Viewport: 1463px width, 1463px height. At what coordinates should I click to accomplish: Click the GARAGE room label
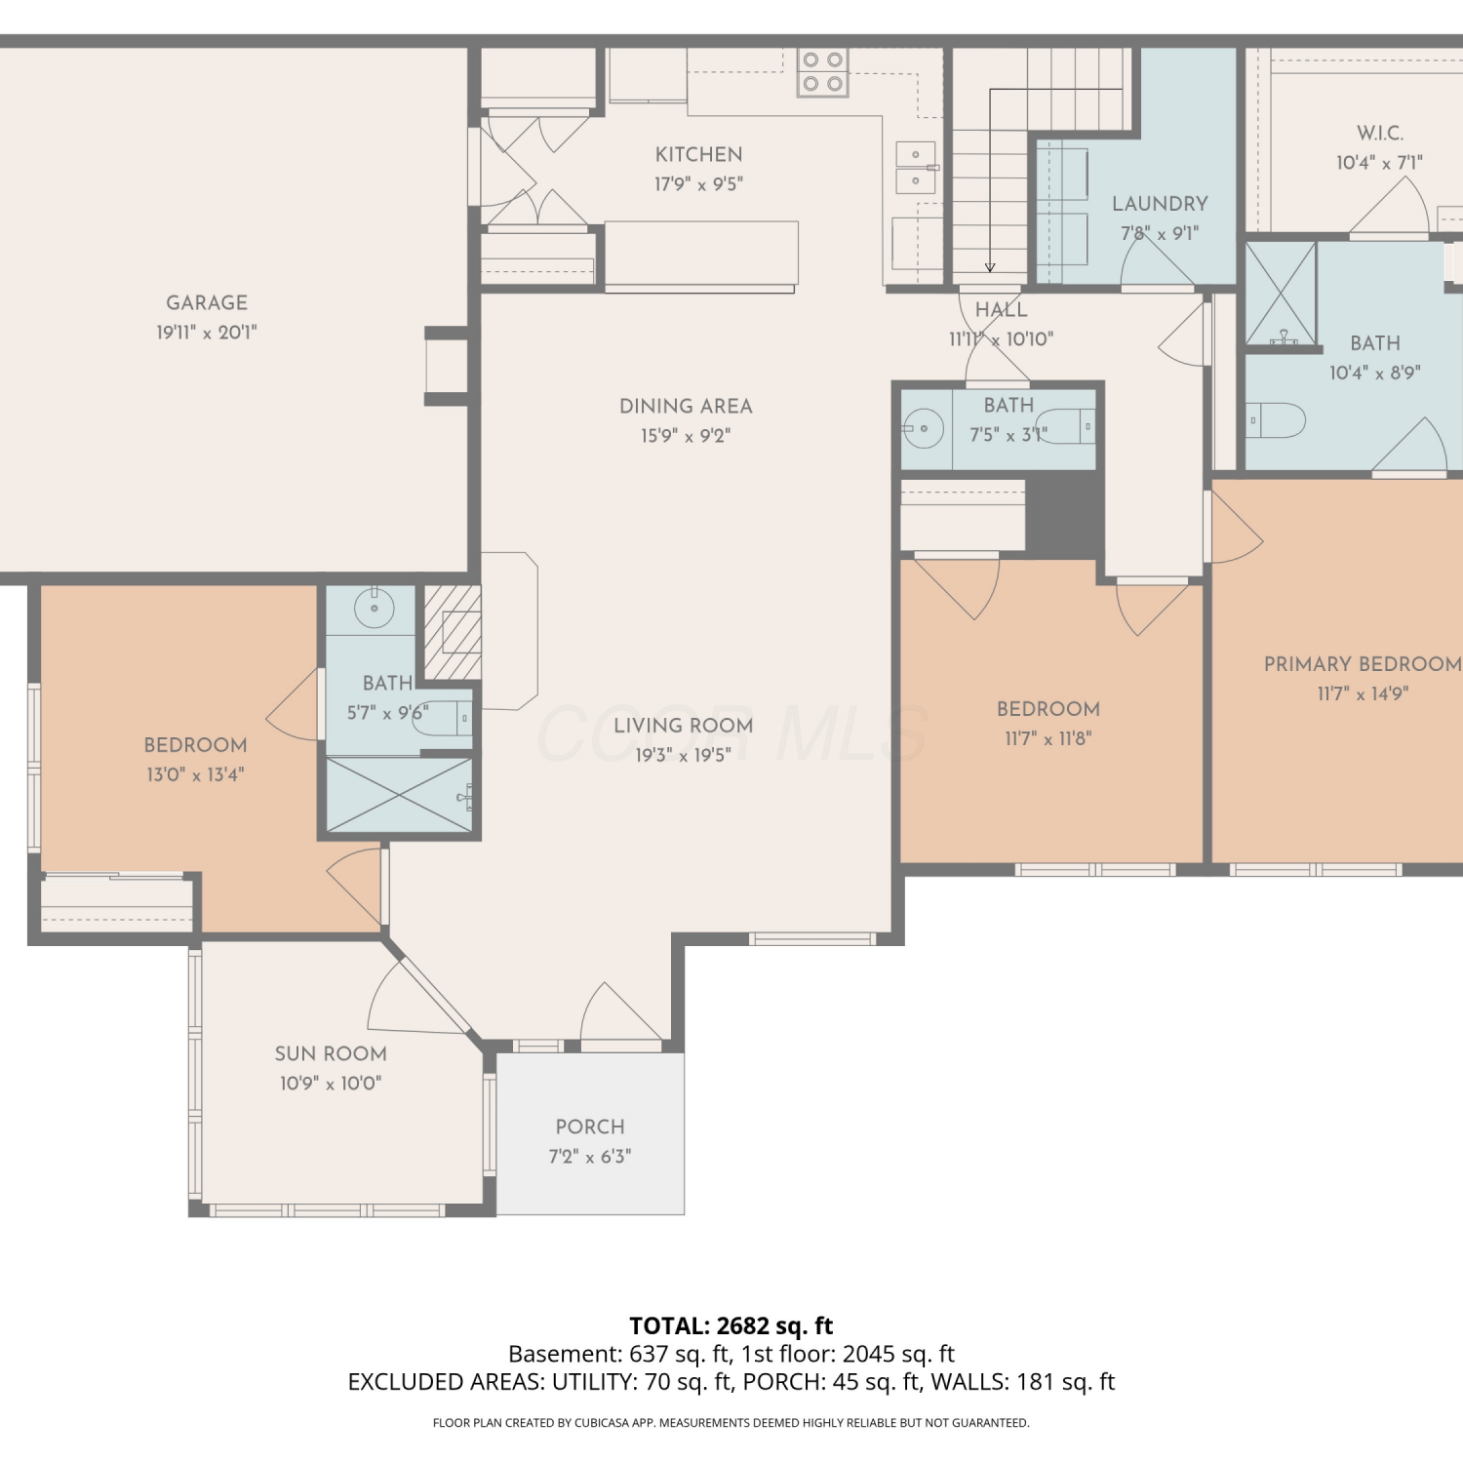click(x=207, y=303)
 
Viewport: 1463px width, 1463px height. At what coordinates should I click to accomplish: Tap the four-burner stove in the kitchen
click(x=822, y=72)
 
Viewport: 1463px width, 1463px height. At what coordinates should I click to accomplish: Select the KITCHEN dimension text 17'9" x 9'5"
click(x=698, y=184)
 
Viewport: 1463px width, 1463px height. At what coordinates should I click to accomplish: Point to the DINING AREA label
click(x=686, y=407)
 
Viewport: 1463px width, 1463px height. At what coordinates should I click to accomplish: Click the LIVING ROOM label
click(x=684, y=726)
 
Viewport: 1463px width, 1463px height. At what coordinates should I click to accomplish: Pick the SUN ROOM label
click(x=331, y=1054)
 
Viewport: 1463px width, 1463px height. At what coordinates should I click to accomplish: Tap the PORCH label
click(x=590, y=1127)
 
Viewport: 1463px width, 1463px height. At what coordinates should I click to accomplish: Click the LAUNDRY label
click(x=1160, y=204)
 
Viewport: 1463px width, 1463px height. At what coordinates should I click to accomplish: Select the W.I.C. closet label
click(x=1380, y=134)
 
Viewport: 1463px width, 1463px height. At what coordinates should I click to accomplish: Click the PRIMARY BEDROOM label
click(x=1363, y=664)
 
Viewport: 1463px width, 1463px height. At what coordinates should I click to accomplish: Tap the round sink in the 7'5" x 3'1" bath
click(x=923, y=428)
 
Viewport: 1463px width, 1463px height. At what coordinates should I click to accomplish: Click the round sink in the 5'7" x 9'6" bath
click(x=374, y=608)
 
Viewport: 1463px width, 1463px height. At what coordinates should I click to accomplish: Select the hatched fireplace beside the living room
click(x=453, y=632)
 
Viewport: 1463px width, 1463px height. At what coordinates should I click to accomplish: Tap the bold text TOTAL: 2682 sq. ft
click(x=731, y=1325)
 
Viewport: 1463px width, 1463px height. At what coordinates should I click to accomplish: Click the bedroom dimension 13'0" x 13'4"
click(x=195, y=775)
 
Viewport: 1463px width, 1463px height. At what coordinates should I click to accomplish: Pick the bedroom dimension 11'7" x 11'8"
click(x=1048, y=739)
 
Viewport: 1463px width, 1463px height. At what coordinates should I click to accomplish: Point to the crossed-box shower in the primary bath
click(x=1282, y=295)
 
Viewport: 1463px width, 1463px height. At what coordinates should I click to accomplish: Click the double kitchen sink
click(x=916, y=168)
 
